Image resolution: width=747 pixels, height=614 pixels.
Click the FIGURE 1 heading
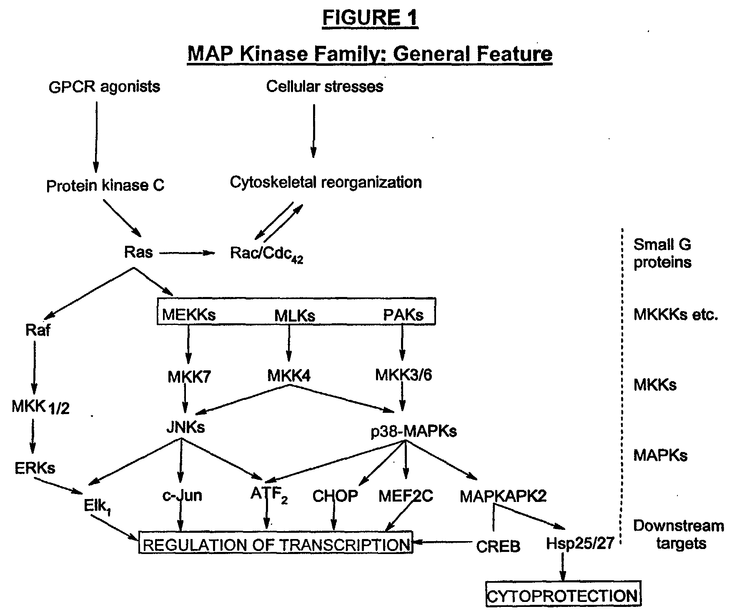click(x=370, y=19)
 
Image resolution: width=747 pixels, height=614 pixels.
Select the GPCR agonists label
click(x=104, y=87)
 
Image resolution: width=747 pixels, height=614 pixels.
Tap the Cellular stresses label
click(x=325, y=86)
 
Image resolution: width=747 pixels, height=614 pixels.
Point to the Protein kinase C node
click(x=105, y=185)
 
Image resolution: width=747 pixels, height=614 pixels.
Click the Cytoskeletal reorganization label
click(x=326, y=182)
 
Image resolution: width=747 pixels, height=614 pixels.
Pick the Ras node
click(x=138, y=252)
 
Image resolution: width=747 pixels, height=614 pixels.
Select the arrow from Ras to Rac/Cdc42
click(x=186, y=253)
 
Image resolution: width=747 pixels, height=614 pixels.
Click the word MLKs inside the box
click(x=295, y=315)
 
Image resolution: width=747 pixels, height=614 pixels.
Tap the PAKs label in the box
click(x=403, y=314)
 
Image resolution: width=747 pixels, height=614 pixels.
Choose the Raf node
click(x=38, y=330)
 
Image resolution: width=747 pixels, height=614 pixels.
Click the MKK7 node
click(x=189, y=377)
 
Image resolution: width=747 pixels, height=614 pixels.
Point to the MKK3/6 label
click(x=404, y=375)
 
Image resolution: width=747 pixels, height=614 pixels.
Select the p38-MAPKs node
click(x=414, y=432)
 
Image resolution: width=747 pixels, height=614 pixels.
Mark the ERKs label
click(x=35, y=468)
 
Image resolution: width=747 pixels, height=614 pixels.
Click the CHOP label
click(x=335, y=496)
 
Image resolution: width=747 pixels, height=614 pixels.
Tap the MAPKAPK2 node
click(x=503, y=496)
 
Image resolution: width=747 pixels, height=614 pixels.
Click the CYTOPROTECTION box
click(x=563, y=596)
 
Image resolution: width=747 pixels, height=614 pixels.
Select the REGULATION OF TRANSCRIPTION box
click(x=276, y=543)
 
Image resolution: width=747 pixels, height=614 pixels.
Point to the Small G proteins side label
click(x=662, y=253)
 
